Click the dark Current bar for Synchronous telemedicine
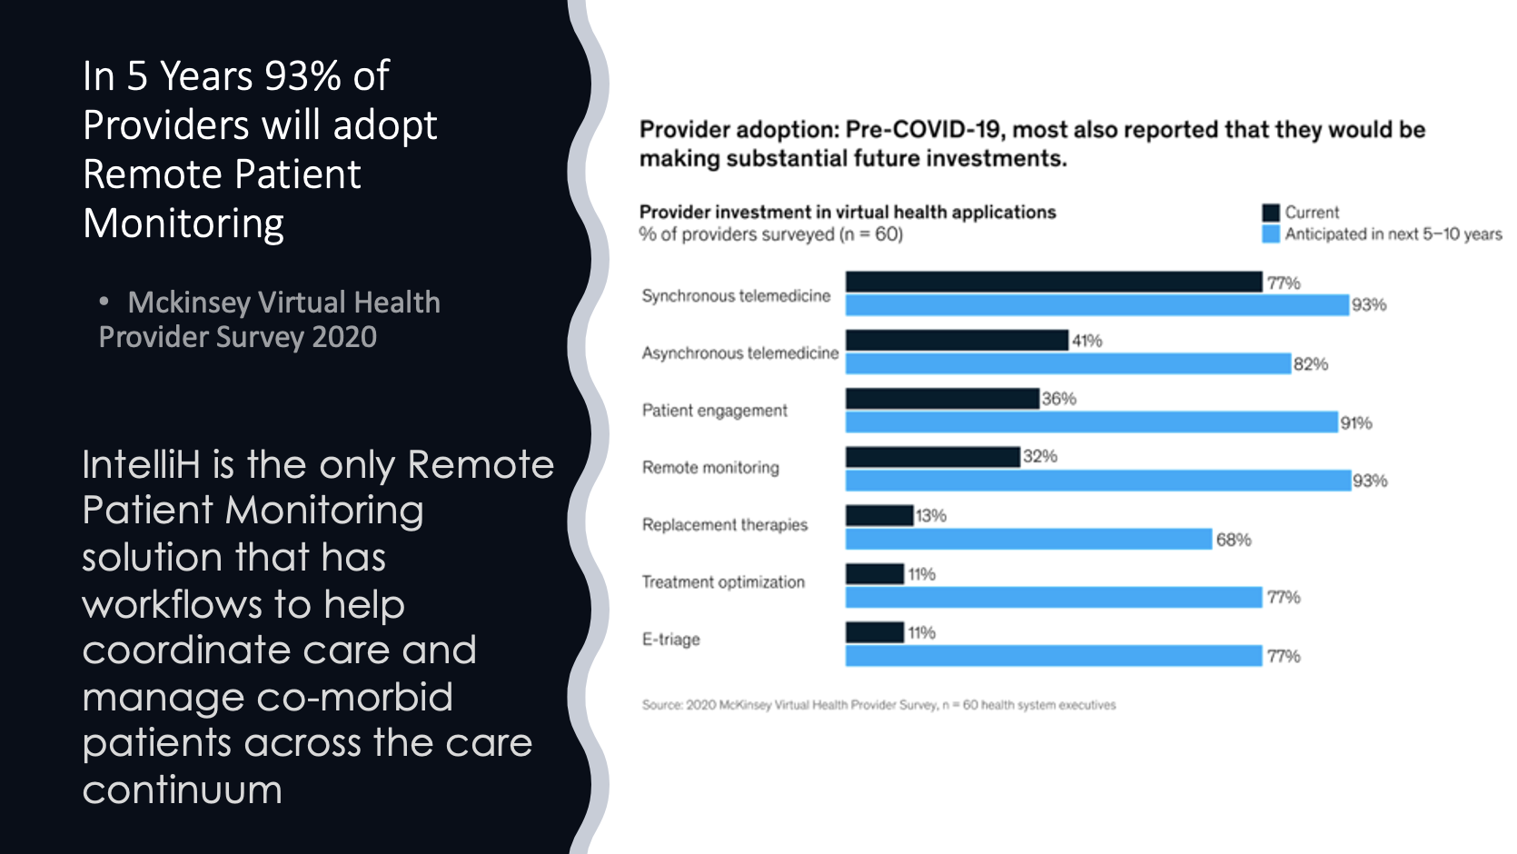[1054, 282]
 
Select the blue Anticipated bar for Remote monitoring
[1097, 481]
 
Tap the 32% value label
[1040, 456]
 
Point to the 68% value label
[1234, 540]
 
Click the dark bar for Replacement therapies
[879, 515]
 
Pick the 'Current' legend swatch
[1271, 213]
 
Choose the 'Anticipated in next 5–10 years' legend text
[1393, 234]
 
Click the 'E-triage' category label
[671, 640]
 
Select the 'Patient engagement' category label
[715, 411]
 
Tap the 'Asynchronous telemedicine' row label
[740, 353]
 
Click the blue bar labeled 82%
[1067, 364]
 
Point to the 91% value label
[1356, 423]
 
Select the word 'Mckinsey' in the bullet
[189, 303]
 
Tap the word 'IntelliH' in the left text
[141, 465]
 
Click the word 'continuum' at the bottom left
[183, 789]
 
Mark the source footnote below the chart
[878, 705]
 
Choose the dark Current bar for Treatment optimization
[875, 573]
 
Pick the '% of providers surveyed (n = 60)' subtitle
[770, 234]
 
